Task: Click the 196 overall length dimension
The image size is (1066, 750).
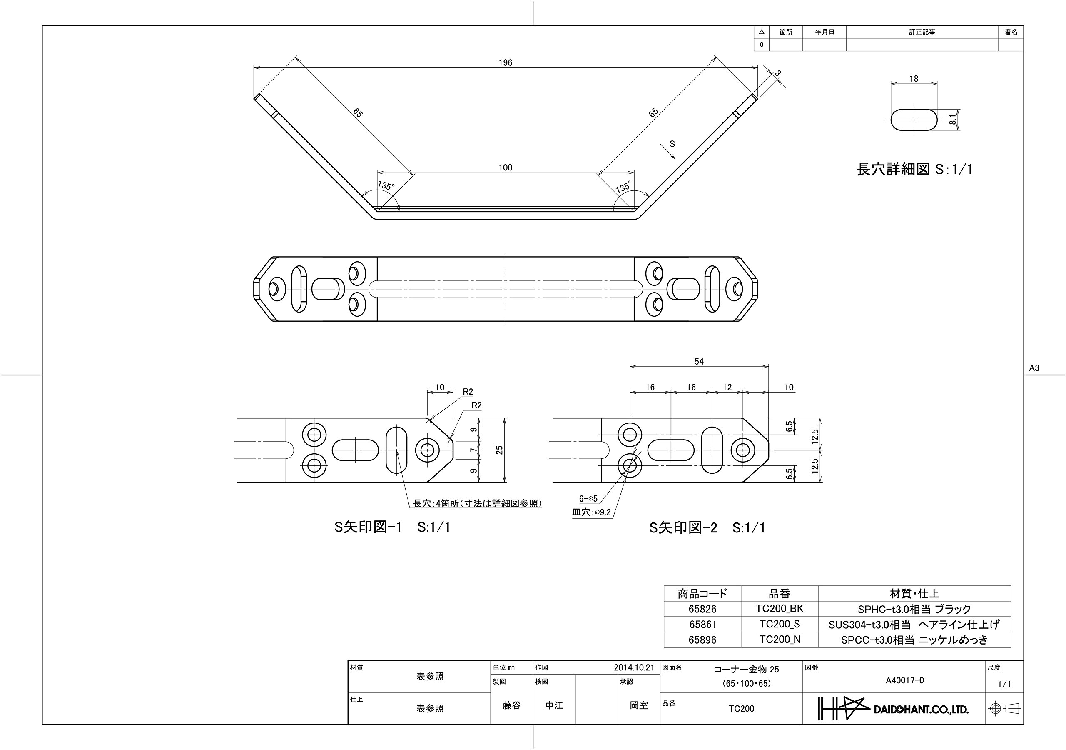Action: point(505,63)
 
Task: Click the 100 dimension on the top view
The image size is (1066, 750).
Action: point(505,168)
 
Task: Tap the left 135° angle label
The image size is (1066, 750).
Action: point(386,186)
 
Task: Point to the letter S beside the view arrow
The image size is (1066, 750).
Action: point(672,144)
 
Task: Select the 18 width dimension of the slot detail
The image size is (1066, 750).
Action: point(914,79)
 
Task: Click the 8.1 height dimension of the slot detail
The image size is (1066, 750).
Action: point(953,120)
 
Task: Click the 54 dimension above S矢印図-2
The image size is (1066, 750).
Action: point(699,362)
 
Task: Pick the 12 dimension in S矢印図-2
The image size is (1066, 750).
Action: point(727,387)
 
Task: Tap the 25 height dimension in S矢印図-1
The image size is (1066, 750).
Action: point(499,450)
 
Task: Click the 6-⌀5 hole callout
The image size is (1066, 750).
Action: point(588,499)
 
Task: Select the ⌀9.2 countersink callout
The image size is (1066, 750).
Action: point(602,512)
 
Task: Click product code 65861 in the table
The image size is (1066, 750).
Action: point(702,625)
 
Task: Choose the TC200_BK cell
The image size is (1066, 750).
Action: point(780,609)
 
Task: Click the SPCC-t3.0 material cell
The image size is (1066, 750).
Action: point(914,640)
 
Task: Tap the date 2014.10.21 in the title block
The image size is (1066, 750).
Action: point(634,668)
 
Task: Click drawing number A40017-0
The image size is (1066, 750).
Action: point(905,680)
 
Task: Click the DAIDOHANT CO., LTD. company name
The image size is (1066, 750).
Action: point(921,710)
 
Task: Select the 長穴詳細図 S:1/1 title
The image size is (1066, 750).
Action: point(914,169)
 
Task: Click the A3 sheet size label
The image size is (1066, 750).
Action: point(1034,368)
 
